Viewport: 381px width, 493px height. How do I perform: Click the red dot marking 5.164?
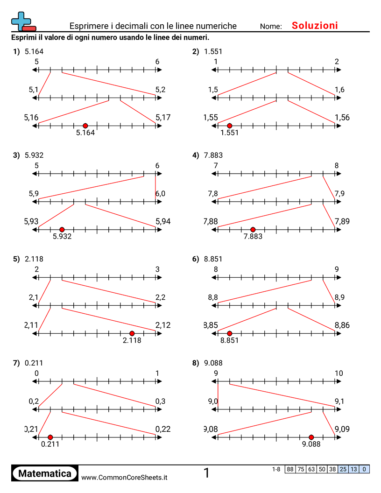[85, 126]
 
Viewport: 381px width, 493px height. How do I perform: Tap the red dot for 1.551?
[229, 126]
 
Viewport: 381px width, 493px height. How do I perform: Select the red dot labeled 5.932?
[62, 229]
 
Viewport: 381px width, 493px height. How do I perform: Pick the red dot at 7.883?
[253, 229]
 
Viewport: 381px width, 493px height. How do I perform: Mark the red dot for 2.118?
[132, 333]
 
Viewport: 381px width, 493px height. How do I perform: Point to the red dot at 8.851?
[229, 333]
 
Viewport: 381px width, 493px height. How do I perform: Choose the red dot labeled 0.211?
[50, 437]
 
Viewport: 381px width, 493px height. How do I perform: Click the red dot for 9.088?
[311, 437]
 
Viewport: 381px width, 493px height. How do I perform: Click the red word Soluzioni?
[315, 26]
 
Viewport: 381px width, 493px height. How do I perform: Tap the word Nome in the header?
[271, 27]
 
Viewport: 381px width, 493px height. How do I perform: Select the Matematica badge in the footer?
[45, 474]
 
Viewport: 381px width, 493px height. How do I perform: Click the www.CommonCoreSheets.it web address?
[124, 478]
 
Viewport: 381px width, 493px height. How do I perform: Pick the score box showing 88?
[290, 469]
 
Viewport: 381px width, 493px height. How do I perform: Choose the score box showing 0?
[364, 469]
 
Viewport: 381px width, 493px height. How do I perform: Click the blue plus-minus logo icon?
[23, 21]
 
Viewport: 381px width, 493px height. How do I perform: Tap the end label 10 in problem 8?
[339, 373]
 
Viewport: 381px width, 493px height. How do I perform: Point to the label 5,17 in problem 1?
[163, 118]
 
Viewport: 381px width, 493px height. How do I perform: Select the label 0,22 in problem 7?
[163, 429]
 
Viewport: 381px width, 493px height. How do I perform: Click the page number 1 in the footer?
[206, 473]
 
